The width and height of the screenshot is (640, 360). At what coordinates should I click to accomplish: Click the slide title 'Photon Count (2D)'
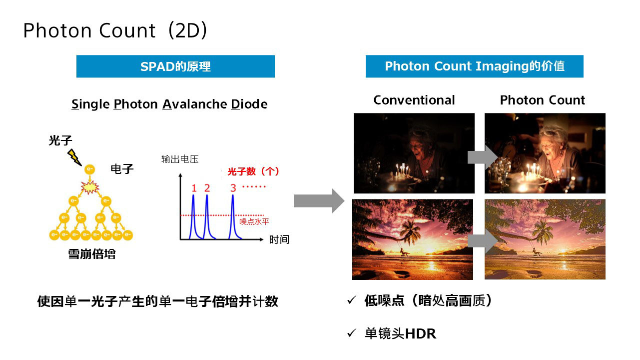tap(115, 30)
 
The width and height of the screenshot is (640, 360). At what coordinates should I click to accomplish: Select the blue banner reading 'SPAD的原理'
tap(175, 66)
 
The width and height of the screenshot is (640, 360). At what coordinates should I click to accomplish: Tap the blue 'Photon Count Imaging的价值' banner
tap(474, 66)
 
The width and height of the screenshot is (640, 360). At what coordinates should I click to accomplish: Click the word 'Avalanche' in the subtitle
tap(194, 104)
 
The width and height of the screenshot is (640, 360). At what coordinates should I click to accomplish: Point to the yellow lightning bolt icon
tap(74, 157)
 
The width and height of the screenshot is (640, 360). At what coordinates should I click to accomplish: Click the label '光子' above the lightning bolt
tap(60, 140)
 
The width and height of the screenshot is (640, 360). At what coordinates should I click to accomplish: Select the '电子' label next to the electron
tap(122, 169)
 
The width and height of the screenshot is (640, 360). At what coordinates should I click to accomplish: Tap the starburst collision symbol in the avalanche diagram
tap(90, 187)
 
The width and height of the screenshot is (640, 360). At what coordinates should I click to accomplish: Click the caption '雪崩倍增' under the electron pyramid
tap(92, 254)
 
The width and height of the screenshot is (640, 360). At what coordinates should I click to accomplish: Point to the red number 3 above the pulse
tap(233, 188)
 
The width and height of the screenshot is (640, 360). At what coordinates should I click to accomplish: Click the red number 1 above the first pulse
tap(194, 188)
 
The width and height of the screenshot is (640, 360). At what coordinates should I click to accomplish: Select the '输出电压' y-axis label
tap(180, 159)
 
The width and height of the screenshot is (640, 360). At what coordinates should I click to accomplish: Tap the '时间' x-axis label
tap(279, 239)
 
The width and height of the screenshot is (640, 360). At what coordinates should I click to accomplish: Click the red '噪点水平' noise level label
tap(254, 221)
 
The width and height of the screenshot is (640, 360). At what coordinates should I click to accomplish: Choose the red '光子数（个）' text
tap(253, 171)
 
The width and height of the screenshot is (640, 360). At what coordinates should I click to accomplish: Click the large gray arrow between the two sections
tap(319, 200)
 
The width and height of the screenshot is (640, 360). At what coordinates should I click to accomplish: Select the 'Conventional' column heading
tap(414, 100)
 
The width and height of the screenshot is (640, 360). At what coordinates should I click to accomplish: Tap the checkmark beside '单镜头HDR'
tap(351, 333)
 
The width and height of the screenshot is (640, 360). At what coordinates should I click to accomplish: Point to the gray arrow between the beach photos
tap(483, 241)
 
